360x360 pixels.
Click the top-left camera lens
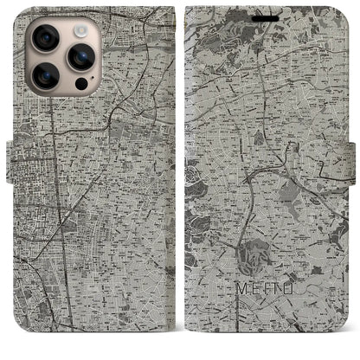coord(45,38)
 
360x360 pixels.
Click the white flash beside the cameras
coord(81,30)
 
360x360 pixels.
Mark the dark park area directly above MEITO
coord(254,257)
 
